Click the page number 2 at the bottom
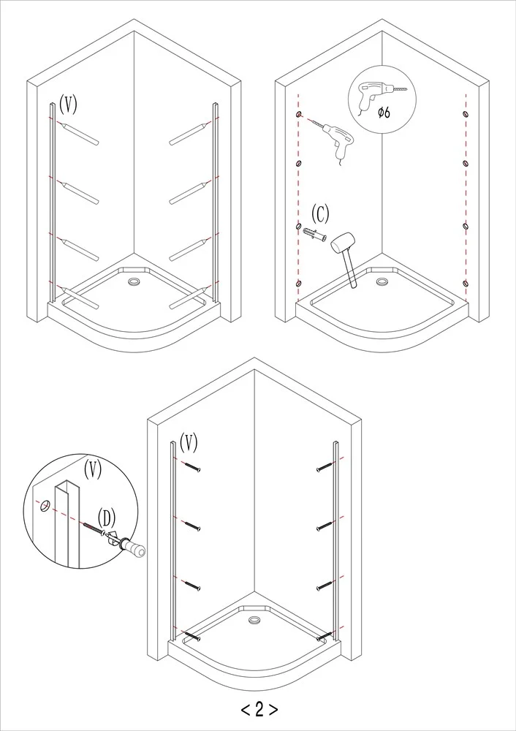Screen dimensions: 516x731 point(259,709)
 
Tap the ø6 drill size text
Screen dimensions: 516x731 point(384,113)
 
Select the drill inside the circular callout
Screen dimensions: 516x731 point(376,94)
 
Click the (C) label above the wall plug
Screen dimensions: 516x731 point(320,214)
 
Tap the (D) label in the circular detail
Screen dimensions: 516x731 point(106,518)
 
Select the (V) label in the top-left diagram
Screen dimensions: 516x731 point(68,104)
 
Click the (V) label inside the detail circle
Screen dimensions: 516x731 point(92,469)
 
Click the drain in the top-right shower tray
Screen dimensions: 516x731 point(382,281)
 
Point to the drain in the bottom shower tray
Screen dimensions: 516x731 point(254,620)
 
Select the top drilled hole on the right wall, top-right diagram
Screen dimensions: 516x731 point(465,114)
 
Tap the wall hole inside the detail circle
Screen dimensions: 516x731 point(45,505)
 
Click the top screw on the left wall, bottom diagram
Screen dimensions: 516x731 point(192,466)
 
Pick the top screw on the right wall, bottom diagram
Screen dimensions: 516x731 point(325,466)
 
